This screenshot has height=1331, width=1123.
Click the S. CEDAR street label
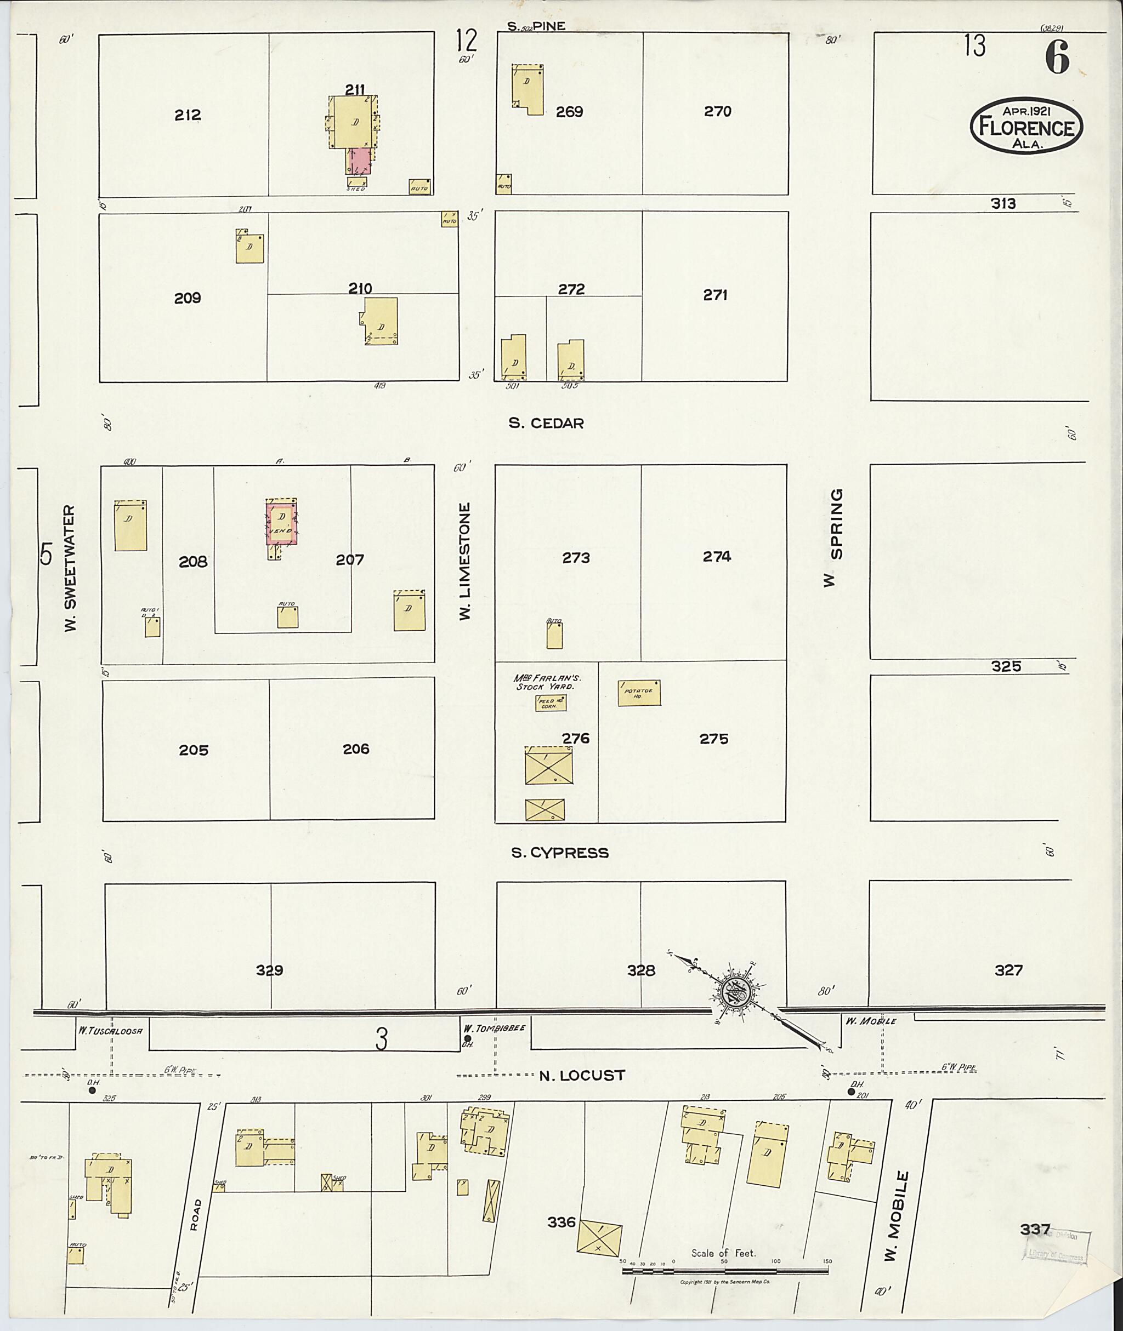[546, 423]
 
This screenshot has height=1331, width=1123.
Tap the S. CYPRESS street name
[560, 853]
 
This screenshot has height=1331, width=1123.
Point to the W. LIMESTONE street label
[466, 561]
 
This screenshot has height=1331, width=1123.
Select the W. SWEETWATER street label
[70, 568]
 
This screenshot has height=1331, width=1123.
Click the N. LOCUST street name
[582, 1075]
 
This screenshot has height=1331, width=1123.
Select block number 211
[355, 90]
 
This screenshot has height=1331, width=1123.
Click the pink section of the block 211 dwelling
[360, 161]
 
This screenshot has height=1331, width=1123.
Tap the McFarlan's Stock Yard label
[547, 682]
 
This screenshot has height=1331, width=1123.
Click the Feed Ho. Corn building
[551, 703]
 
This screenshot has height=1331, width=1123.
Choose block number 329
[269, 970]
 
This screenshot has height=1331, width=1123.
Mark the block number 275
[713, 739]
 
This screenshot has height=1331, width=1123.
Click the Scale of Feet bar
[725, 1271]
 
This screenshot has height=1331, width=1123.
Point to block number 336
[561, 1221]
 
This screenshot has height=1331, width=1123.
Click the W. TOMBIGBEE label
[495, 1027]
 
